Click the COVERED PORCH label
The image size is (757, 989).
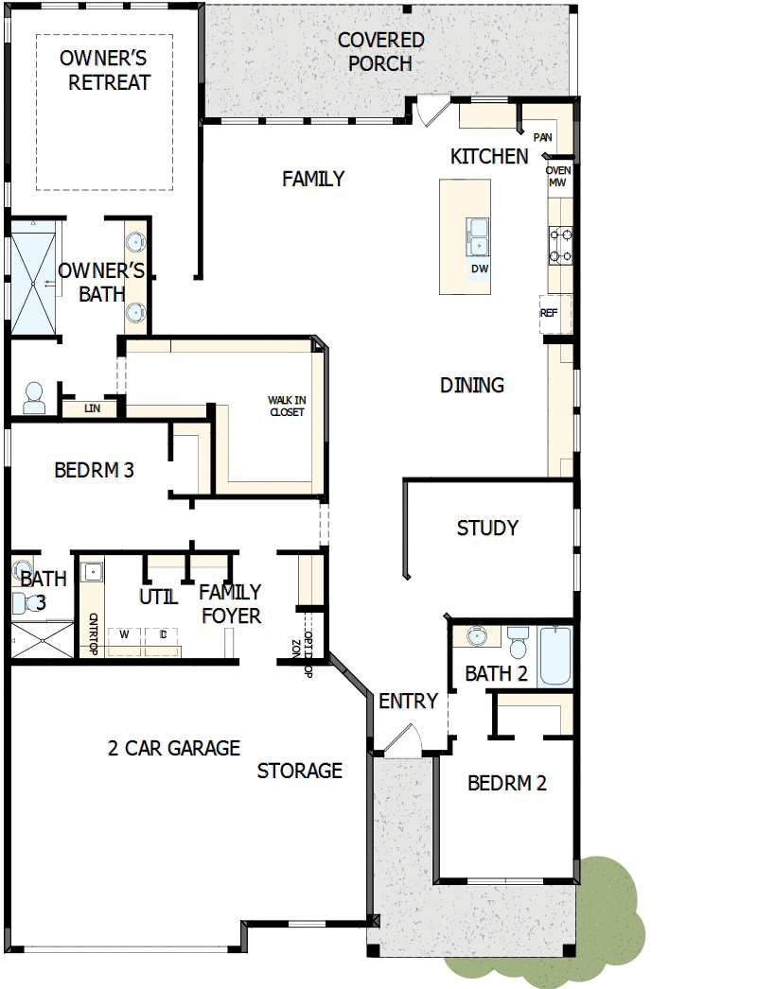tap(380, 52)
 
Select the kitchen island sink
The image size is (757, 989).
tap(477, 235)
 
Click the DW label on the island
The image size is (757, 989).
tap(480, 269)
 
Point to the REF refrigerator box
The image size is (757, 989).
tap(550, 313)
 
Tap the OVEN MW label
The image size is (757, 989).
tap(557, 176)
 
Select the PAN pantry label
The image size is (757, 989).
tap(543, 138)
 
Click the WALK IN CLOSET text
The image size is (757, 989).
tap(286, 406)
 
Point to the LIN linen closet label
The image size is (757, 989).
tap(92, 408)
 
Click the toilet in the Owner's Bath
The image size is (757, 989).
tap(34, 397)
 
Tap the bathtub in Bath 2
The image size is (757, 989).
tap(555, 656)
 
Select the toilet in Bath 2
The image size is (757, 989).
tap(518, 643)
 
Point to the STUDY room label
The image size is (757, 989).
tap(487, 528)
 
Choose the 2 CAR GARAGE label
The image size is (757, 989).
tap(174, 748)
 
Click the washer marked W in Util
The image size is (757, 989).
tap(124, 634)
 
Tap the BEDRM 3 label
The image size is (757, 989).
tap(94, 470)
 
